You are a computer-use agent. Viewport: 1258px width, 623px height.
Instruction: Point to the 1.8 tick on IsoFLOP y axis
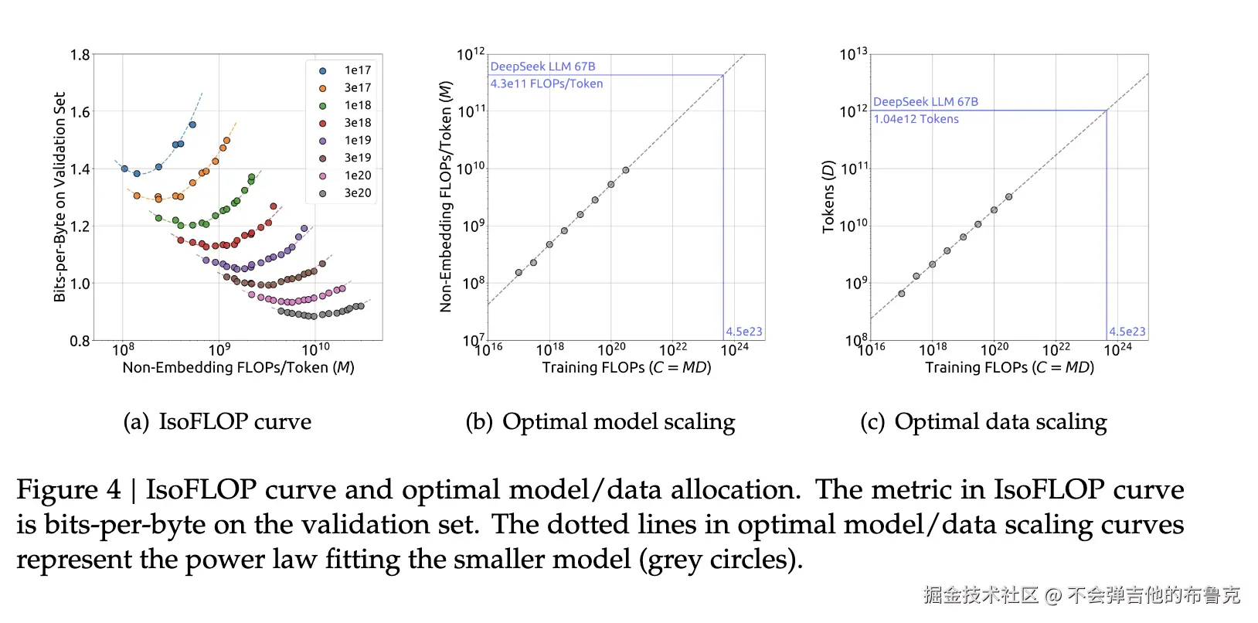click(x=80, y=55)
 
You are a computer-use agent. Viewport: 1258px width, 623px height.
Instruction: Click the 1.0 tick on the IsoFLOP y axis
click(x=80, y=284)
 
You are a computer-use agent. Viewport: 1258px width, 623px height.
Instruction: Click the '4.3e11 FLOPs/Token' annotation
click(x=546, y=83)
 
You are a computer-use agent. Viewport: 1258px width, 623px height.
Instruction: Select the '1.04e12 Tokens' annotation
click(x=916, y=119)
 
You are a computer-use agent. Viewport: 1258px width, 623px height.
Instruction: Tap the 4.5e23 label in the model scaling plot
click(x=743, y=332)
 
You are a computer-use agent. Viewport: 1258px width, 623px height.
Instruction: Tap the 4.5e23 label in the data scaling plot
click(x=1127, y=332)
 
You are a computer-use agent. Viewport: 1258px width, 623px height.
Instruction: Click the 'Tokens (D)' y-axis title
click(x=828, y=196)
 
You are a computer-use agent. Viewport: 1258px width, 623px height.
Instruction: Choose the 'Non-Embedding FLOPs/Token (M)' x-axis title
click(x=238, y=368)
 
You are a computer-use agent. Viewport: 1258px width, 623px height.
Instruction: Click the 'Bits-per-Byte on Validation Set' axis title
click(x=60, y=196)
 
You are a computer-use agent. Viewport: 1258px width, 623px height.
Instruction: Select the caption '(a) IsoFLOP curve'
click(x=217, y=422)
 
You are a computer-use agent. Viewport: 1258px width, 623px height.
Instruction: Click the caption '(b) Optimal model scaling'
click(x=600, y=422)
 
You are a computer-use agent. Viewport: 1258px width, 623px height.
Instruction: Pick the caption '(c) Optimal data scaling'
click(x=983, y=422)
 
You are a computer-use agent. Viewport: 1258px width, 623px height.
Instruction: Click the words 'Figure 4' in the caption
click(x=69, y=490)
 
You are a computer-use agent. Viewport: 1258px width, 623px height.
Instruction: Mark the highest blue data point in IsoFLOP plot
click(x=192, y=124)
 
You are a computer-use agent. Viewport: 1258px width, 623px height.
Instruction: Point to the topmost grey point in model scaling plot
click(x=626, y=170)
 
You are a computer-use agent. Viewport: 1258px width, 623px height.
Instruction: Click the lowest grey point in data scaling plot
click(x=902, y=294)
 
